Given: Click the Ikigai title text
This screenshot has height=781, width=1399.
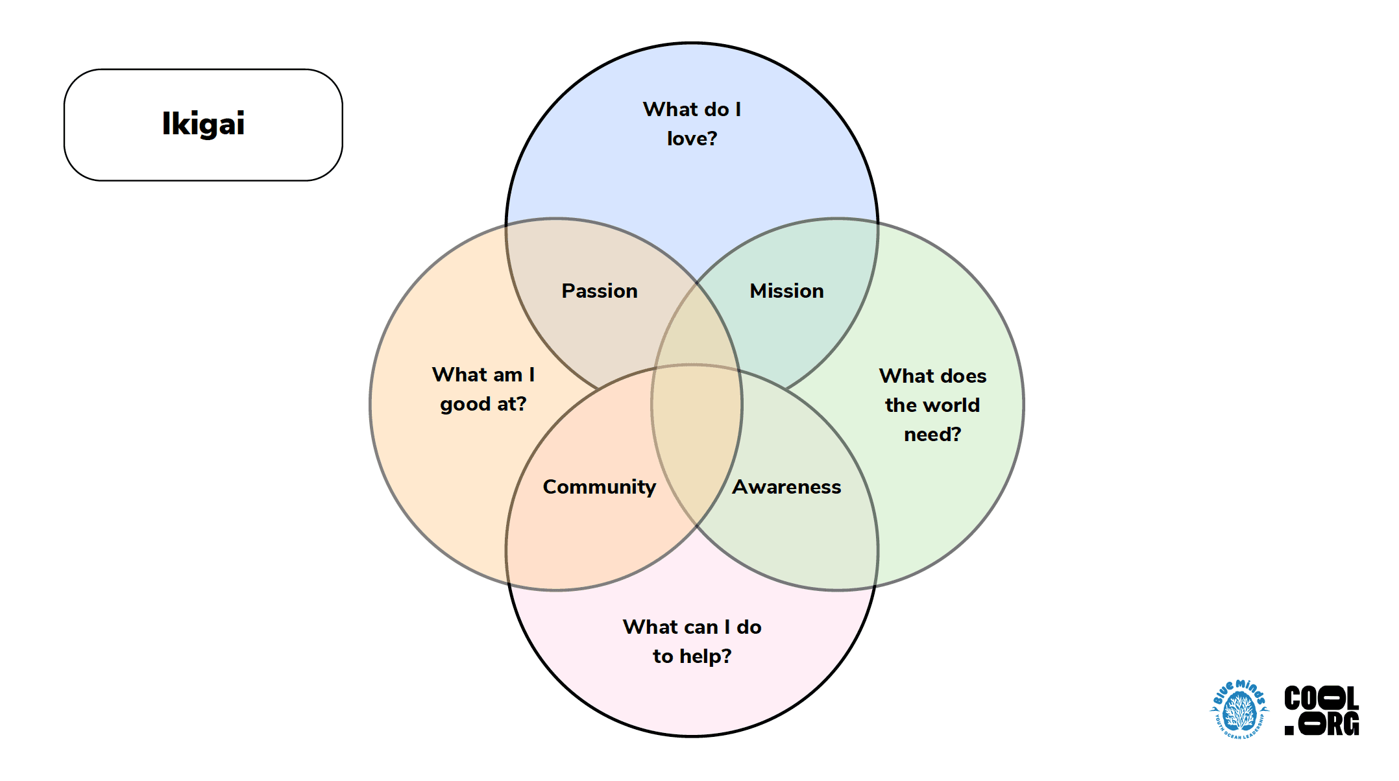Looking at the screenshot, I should tap(203, 123).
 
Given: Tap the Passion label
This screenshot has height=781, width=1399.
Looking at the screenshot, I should tap(600, 291).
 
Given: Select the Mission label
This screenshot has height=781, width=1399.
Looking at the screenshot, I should tap(786, 291).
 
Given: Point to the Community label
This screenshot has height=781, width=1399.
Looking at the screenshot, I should tap(599, 487).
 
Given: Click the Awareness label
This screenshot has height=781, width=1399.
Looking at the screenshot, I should tap(786, 487).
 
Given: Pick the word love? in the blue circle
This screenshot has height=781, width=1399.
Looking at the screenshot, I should tap(692, 138).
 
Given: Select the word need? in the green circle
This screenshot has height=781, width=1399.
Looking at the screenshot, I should tap(932, 434).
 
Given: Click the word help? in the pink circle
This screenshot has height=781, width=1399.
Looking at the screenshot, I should tap(705, 656).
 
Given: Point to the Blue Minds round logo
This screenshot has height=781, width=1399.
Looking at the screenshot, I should tap(1239, 710).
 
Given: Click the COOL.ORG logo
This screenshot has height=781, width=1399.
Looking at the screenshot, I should tap(1322, 711).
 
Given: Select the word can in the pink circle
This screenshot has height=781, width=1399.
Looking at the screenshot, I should tap(701, 627).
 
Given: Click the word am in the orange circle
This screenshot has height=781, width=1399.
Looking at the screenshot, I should tap(507, 375).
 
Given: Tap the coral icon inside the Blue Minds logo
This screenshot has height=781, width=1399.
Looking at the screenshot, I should tap(1239, 712).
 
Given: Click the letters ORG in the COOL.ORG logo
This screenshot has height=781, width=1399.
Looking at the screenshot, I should tap(1330, 724).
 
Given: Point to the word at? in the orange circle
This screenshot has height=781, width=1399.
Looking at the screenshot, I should tap(511, 404).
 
